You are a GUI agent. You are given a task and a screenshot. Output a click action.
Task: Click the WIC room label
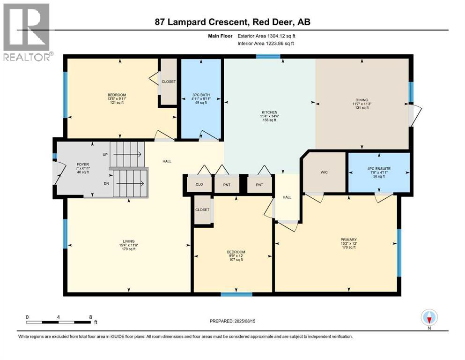point(324,172)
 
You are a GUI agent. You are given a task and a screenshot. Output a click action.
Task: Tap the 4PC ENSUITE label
point(379,169)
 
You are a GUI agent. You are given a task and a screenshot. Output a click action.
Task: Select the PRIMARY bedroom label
point(348,240)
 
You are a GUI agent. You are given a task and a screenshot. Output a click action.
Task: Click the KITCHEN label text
point(269,112)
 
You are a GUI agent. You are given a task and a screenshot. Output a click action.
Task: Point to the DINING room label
point(362,100)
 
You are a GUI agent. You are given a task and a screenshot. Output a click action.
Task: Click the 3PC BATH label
point(201,95)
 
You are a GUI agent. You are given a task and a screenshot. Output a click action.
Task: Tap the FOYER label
point(83,165)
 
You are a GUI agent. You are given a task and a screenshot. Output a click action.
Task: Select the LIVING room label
point(129,241)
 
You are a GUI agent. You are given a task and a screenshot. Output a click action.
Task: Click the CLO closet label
point(199,184)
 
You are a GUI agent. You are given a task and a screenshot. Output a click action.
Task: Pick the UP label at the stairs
point(105,155)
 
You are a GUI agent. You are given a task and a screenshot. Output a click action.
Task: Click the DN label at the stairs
point(106,183)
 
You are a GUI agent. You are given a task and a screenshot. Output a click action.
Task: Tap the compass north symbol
point(429,318)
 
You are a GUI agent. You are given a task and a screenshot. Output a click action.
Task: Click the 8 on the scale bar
point(91,317)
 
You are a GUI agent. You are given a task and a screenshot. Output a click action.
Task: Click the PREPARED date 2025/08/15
point(244,321)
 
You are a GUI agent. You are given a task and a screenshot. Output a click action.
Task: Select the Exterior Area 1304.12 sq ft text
point(266,36)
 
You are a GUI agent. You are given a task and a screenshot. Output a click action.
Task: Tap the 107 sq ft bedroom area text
point(236,260)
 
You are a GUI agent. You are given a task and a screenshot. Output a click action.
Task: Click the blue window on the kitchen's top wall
point(268,56)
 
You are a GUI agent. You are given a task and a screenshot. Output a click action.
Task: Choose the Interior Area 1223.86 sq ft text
point(266,43)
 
